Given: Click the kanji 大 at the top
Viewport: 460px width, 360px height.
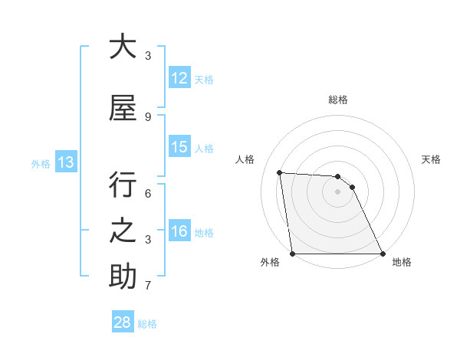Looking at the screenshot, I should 123,47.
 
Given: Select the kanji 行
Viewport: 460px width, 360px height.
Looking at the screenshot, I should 123,186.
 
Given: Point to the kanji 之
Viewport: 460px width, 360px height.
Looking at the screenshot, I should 123,231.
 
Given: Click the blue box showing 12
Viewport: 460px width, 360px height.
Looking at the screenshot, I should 179,78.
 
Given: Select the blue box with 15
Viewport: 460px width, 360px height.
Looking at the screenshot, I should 179,147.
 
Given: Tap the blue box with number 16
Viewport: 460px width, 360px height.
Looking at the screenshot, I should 179,231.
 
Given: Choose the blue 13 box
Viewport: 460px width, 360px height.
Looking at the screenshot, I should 66,162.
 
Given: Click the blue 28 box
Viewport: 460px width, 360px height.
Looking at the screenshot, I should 123,322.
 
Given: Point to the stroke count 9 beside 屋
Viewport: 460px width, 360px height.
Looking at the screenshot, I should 148,116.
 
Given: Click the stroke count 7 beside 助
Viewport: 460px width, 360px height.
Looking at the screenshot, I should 148,286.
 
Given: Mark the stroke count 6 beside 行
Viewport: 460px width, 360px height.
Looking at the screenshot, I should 148,195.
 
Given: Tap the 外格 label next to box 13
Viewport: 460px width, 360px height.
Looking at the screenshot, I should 41,163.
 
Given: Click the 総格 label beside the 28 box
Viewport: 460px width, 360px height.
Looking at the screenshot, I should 147,323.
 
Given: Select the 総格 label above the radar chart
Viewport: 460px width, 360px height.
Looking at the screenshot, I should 338,100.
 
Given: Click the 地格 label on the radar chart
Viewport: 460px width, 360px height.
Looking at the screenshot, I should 402,262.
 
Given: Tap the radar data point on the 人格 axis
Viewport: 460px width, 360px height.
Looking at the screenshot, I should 280,172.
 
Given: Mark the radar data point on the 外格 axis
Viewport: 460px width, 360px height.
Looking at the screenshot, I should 293,254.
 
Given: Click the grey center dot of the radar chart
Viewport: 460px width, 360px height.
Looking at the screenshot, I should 338,191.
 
